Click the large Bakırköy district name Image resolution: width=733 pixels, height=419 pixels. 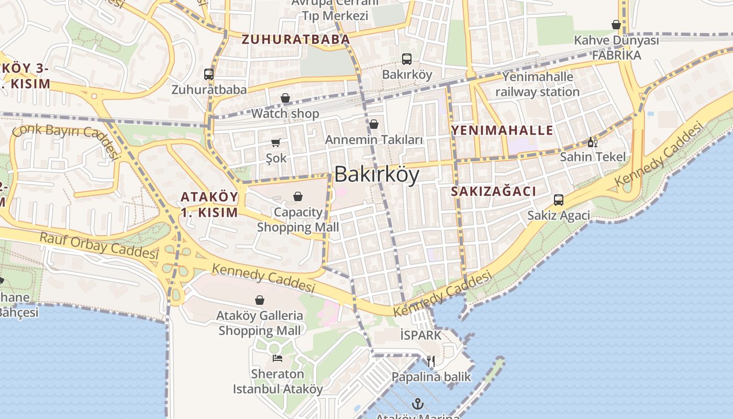[376, 175]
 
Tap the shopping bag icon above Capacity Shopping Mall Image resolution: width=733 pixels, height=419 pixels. [298, 196]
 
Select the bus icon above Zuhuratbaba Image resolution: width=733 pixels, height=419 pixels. [209, 74]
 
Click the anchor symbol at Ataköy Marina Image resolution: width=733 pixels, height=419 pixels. [417, 404]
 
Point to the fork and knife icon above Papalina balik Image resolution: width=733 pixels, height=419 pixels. [431, 361]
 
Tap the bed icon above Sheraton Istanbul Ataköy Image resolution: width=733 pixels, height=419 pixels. [277, 358]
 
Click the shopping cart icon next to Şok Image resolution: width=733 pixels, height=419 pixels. [276, 142]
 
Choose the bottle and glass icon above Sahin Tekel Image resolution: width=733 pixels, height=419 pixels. [593, 142]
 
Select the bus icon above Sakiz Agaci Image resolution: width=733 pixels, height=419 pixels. [559, 200]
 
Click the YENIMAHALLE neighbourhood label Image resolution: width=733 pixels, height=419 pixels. [502, 130]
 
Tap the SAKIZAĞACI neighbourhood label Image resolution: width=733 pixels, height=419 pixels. [493, 192]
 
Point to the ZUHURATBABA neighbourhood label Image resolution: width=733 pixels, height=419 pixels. [295, 39]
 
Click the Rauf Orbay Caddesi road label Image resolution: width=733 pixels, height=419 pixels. [99, 246]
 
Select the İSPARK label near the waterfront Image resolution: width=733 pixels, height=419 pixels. [420, 335]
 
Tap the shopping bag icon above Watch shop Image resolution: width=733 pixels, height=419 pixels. [285, 98]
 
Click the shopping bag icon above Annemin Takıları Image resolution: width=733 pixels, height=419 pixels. [374, 124]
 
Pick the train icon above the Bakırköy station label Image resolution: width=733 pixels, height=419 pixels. [407, 59]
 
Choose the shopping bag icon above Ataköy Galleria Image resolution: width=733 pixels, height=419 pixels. [259, 300]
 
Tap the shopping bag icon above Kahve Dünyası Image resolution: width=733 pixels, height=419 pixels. [616, 25]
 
